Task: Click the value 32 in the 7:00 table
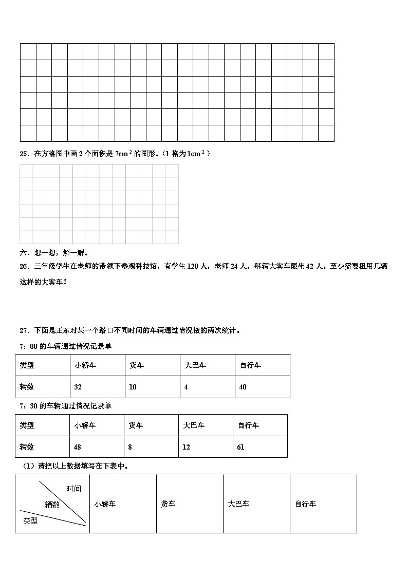point(78,387)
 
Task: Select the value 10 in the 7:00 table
point(133,387)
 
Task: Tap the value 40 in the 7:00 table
point(243,387)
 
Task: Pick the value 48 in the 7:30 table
point(78,447)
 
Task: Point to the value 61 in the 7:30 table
point(240,447)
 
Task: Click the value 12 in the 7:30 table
point(186,447)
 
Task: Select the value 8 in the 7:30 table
point(130,447)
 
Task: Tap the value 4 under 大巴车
point(186,387)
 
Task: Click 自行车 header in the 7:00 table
point(250,365)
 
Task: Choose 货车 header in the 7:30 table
point(136,425)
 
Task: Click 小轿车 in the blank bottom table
point(105,504)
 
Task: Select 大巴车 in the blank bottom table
point(238,504)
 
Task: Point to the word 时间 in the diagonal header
point(73,489)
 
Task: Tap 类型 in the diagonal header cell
point(30,521)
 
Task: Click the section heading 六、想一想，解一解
point(54,252)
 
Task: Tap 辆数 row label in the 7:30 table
point(27,447)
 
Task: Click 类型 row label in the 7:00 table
point(27,365)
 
